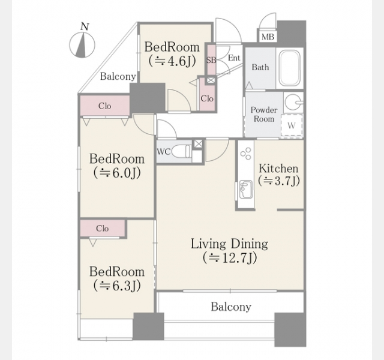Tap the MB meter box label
pos(268,37)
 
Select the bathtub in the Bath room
pos(289,67)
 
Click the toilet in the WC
pos(181,151)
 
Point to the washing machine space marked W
pos(292,125)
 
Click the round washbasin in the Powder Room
pos(293,102)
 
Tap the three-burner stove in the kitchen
pos(245,154)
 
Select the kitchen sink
pos(245,190)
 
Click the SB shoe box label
pos(211,60)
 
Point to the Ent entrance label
pos(234,58)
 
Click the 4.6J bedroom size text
pos(172,61)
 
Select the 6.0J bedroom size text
pos(117,173)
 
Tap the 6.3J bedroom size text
pos(117,286)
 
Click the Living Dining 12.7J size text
pos(230,258)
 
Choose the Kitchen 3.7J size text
pos(278,181)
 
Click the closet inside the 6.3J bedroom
pos(103,228)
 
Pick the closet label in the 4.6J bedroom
pos(207,98)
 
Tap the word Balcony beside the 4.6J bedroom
pos(118,76)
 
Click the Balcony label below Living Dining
pos(231,307)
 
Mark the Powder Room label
pos(264,115)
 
